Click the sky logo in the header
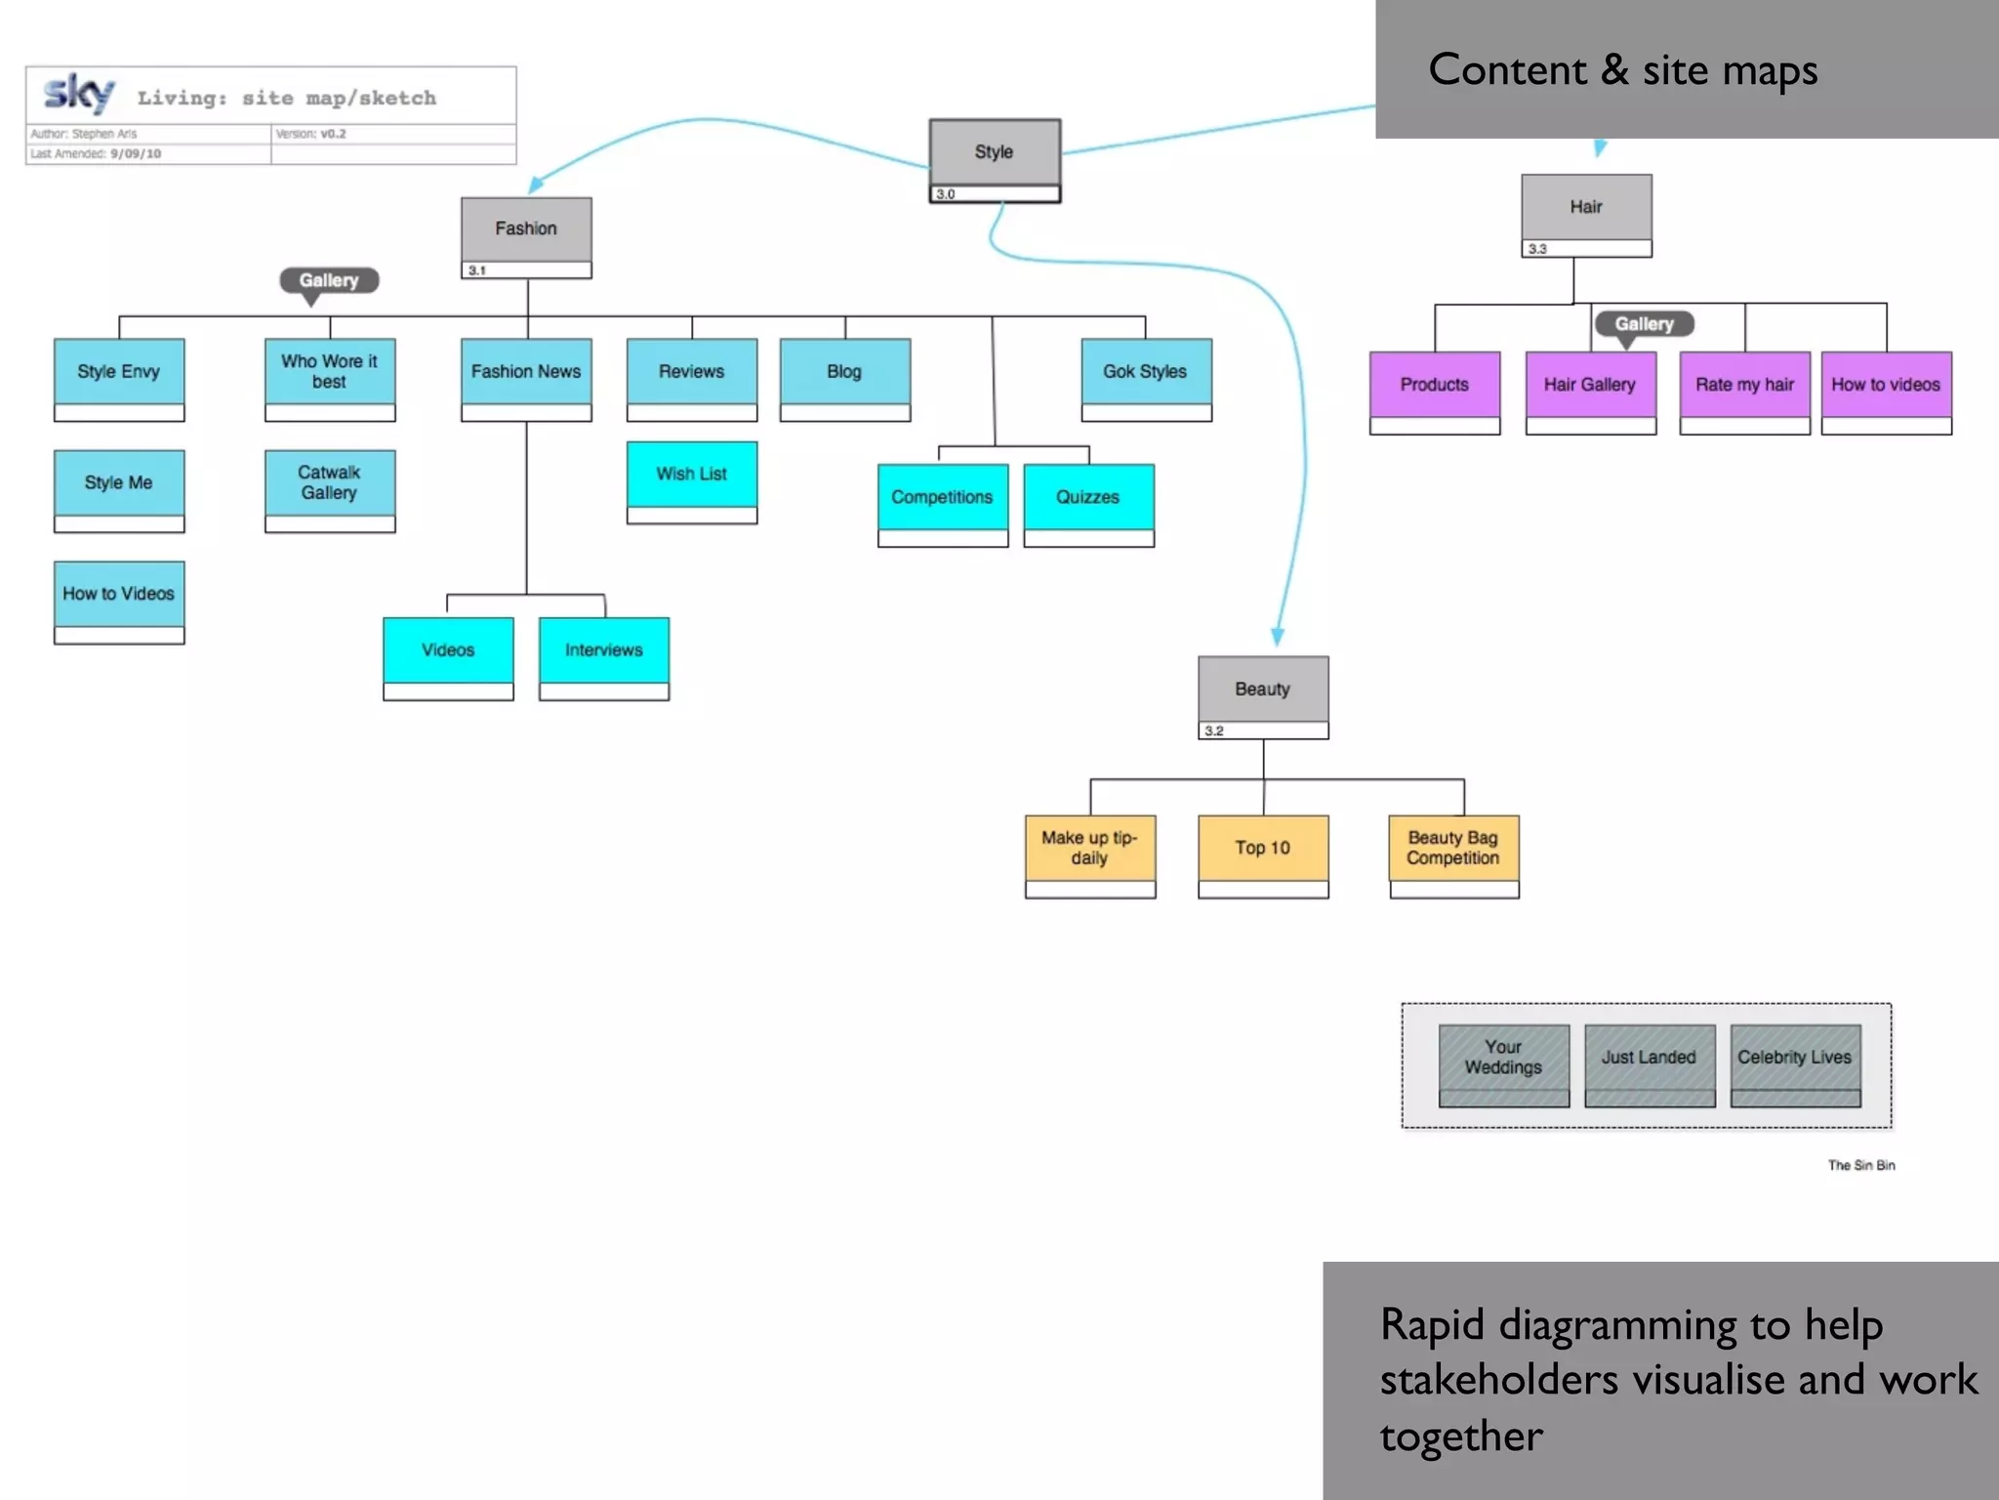click(79, 94)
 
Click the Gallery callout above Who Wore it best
click(329, 280)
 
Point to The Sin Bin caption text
click(1860, 1165)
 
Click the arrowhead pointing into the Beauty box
click(1278, 637)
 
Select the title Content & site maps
click(1622, 70)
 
